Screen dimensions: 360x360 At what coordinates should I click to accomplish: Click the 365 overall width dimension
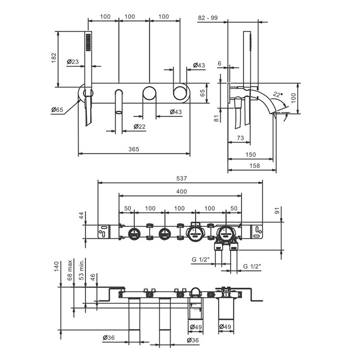click(x=134, y=149)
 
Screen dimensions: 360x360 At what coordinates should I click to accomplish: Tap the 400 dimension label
click(x=181, y=191)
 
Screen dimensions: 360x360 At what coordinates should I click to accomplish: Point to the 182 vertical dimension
click(x=54, y=59)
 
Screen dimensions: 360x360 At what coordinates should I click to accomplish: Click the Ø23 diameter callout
click(x=73, y=62)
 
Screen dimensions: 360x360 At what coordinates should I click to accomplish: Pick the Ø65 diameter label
click(x=57, y=110)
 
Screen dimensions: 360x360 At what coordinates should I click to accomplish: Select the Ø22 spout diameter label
click(x=139, y=127)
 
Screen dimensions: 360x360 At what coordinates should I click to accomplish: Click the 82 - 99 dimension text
click(x=208, y=18)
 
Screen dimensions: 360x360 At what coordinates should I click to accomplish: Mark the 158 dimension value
click(x=254, y=166)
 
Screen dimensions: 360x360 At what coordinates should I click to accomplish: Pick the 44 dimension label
click(x=80, y=216)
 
